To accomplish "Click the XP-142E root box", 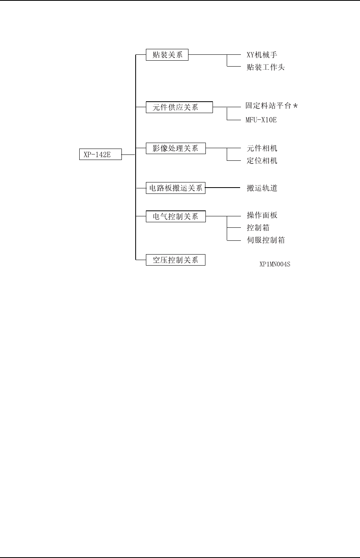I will [100, 154].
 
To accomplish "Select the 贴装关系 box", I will [167, 55].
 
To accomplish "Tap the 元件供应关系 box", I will [179, 107].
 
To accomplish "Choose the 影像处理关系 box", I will [175, 149].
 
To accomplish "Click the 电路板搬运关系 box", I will [175, 188].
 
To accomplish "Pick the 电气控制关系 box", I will [175, 216].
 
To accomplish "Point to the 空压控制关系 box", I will [175, 260].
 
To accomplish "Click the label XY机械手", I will [262, 55].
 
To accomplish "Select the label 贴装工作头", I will [265, 67].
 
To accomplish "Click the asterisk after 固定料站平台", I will [295, 106].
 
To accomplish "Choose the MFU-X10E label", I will [261, 119].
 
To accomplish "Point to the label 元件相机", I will [262, 148].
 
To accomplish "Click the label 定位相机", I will [262, 161].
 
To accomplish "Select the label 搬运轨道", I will [262, 188].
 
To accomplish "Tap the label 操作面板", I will [262, 215].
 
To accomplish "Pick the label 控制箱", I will [258, 228].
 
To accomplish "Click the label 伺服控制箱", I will [265, 240].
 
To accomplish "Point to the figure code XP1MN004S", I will [274, 264].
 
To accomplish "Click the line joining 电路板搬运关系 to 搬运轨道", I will [223, 188].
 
